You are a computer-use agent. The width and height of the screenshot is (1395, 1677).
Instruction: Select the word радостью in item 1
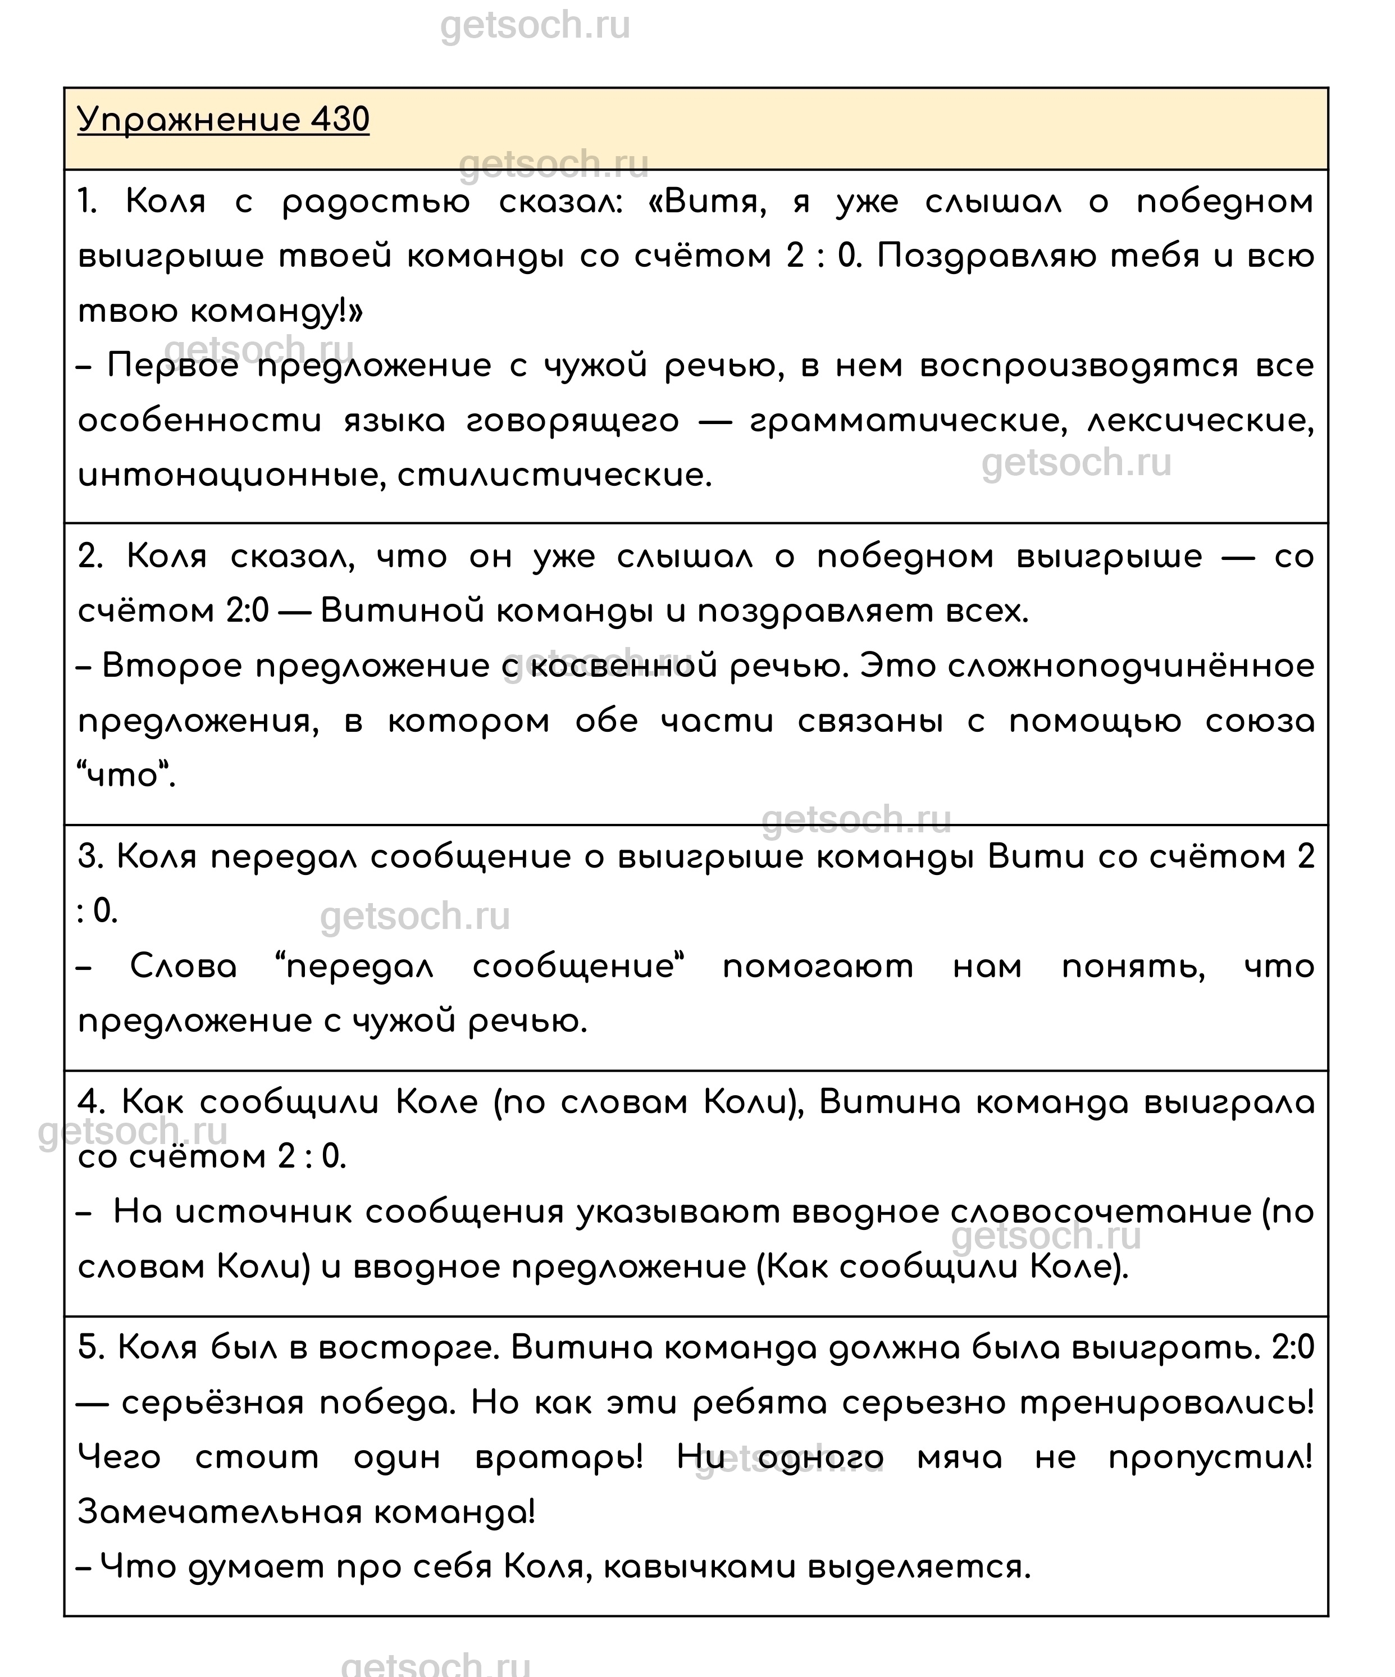pyautogui.click(x=376, y=203)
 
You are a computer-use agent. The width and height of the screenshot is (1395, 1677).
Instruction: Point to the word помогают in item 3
pyautogui.click(x=818, y=968)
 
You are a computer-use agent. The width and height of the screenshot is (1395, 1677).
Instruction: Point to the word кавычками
pyautogui.click(x=700, y=1567)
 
